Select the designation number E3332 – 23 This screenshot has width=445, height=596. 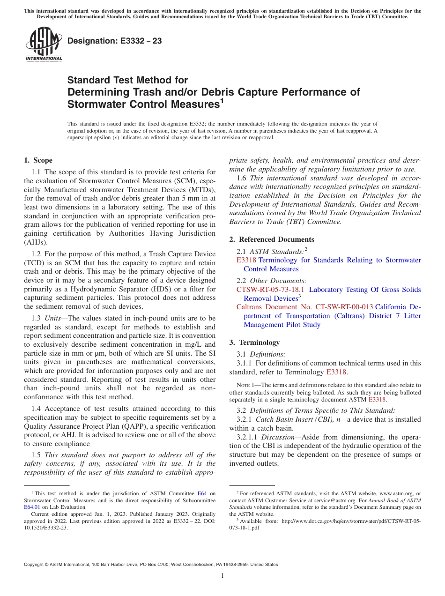[x=115, y=41]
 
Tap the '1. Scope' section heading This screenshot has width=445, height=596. [x=38, y=160]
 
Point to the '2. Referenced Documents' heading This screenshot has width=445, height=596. [x=272, y=239]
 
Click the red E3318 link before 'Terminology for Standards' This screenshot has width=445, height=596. [x=246, y=260]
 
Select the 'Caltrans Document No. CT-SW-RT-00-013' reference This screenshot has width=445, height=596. [x=304, y=307]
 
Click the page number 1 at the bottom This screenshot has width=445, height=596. [x=222, y=575]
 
